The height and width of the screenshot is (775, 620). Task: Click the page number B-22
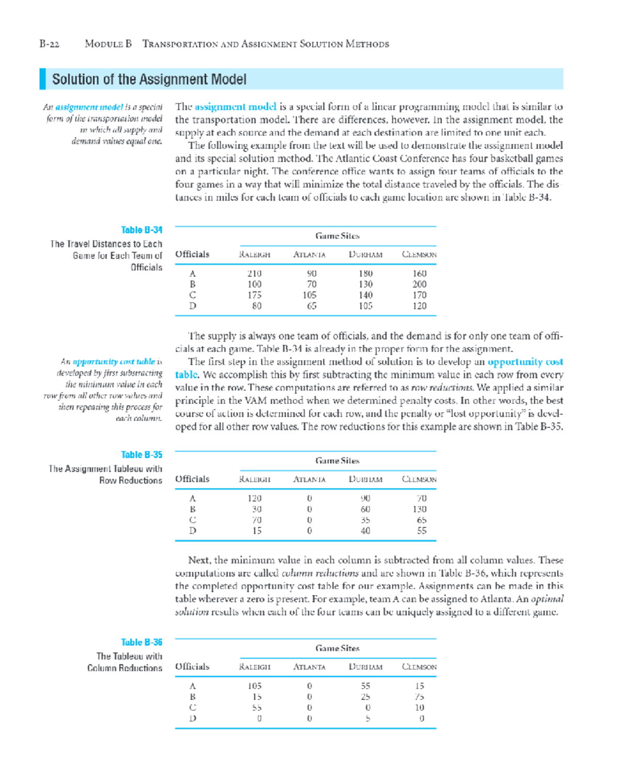click(x=49, y=44)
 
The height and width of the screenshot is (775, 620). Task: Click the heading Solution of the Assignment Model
click(x=149, y=80)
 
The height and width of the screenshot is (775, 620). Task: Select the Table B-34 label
click(x=142, y=230)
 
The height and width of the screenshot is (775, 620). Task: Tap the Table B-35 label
click(x=142, y=455)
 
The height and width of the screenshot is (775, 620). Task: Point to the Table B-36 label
click(x=142, y=643)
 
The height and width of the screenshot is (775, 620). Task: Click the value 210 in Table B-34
click(x=254, y=273)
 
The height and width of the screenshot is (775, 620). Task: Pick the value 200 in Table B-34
click(x=419, y=284)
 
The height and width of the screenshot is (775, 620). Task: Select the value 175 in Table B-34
click(x=254, y=295)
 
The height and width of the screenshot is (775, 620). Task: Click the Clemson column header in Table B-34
click(x=419, y=255)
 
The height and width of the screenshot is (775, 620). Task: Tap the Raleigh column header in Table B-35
click(x=254, y=479)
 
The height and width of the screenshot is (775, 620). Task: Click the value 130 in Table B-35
click(x=419, y=509)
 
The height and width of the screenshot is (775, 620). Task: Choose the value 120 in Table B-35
click(x=254, y=499)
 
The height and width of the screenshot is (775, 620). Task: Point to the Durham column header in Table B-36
click(x=365, y=667)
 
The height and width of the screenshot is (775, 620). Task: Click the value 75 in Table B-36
click(x=419, y=697)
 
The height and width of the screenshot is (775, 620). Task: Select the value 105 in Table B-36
click(x=254, y=686)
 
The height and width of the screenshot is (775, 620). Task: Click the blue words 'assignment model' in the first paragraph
click(x=235, y=107)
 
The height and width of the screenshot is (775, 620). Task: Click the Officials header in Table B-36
click(x=192, y=667)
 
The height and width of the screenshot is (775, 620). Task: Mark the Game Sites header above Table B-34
click(x=337, y=236)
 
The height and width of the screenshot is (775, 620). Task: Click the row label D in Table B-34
click(x=193, y=306)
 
